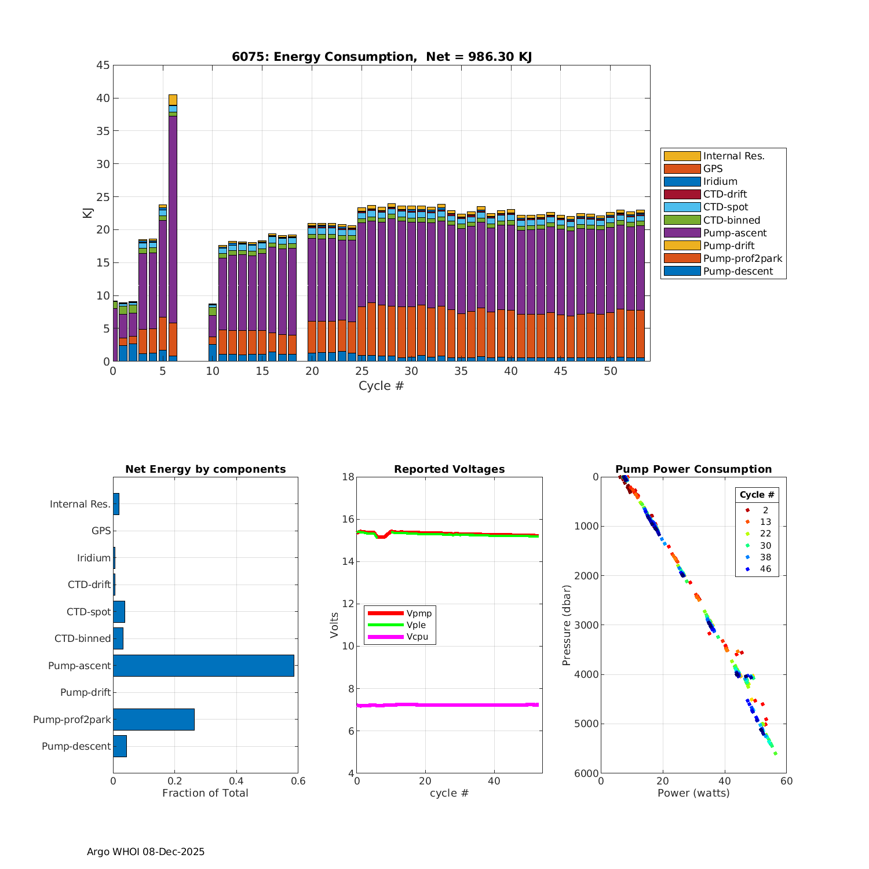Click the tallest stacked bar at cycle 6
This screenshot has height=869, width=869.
[x=173, y=227]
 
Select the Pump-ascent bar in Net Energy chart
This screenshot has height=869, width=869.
[x=203, y=666]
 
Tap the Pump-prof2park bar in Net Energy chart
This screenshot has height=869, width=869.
[x=154, y=719]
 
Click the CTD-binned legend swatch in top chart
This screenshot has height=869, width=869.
[x=682, y=220]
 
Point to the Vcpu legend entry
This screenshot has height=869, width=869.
[x=417, y=637]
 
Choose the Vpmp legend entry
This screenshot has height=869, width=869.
[x=419, y=614]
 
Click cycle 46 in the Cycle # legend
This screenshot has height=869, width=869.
[x=765, y=569]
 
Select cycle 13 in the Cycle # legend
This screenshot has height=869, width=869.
[x=765, y=522]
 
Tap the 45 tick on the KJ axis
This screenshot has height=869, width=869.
[x=103, y=65]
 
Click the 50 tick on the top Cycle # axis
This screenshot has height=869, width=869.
[x=611, y=371]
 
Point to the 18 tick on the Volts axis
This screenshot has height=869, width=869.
[x=348, y=477]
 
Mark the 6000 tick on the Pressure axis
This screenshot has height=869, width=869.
[x=587, y=773]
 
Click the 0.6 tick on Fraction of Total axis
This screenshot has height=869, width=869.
[x=298, y=781]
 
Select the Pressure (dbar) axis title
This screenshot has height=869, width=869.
[x=567, y=625]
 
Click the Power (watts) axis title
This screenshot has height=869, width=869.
[x=693, y=793]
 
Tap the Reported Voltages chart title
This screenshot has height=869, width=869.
[x=449, y=469]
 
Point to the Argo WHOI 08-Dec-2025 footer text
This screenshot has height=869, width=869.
[x=145, y=852]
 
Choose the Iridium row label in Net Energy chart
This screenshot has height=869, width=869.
[x=94, y=558]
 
